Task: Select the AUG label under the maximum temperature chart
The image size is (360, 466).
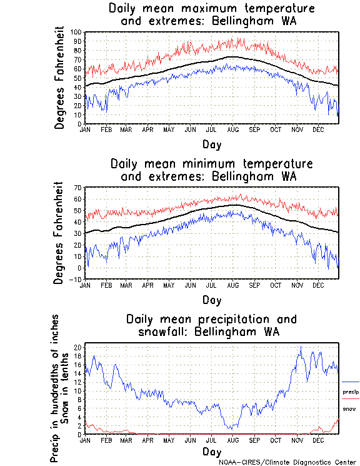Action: coord(232,129)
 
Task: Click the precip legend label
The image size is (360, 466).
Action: coord(351,392)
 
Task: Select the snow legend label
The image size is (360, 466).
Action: coord(349,409)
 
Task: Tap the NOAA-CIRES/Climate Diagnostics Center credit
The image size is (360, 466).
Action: coord(289,462)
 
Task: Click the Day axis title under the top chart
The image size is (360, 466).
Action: coord(212,144)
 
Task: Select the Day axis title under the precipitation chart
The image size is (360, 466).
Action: coord(212,452)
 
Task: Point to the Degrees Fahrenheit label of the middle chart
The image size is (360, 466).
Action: coord(59,233)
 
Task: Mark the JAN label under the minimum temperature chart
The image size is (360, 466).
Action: coord(85,285)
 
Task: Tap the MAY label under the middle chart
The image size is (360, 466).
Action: coord(169,285)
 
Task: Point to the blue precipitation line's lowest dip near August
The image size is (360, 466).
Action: coord(231,429)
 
